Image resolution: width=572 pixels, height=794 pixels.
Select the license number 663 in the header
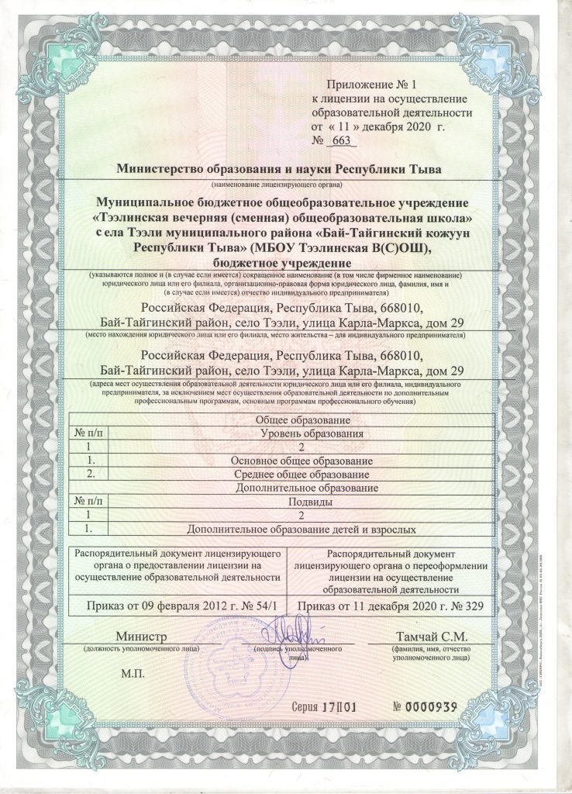pos(339,140)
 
